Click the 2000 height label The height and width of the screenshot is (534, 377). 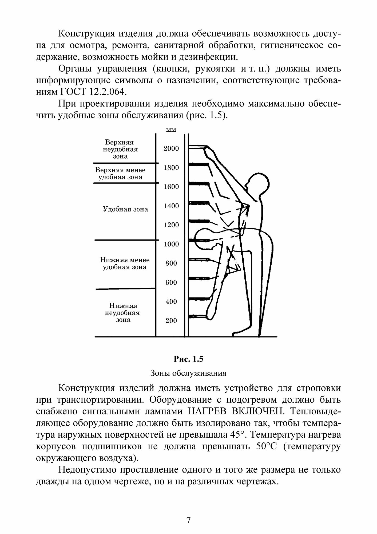[x=171, y=149]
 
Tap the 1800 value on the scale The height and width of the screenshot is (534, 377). [x=171, y=168]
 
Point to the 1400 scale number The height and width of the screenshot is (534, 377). [x=171, y=206]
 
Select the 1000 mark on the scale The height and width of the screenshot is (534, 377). [x=171, y=244]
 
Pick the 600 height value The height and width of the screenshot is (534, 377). [x=171, y=282]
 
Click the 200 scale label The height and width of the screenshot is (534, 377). [x=171, y=321]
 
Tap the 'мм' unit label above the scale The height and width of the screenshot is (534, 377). [x=171, y=130]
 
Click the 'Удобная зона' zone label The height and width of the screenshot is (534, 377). [x=125, y=209]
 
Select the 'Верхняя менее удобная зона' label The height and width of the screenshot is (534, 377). [x=120, y=174]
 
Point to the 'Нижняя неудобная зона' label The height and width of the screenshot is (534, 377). [x=123, y=313]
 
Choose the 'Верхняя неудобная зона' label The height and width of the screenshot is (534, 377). [x=120, y=149]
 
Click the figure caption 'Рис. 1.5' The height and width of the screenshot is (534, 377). [x=188, y=359]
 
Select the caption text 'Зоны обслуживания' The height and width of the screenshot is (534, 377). [x=188, y=373]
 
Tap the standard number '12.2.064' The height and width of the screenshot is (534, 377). [x=106, y=92]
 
